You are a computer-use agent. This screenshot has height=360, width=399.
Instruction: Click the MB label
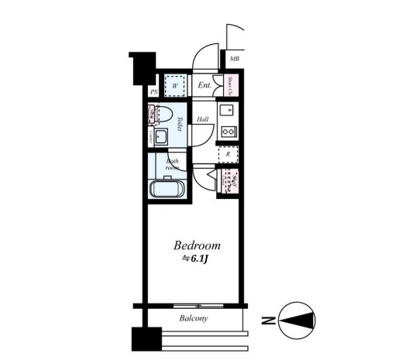click(x=234, y=59)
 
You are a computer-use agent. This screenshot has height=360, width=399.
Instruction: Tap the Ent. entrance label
click(x=205, y=85)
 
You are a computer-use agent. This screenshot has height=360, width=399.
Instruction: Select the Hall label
click(x=202, y=119)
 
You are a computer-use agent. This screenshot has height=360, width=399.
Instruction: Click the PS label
click(x=153, y=92)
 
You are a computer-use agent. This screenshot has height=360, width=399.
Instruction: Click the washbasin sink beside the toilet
click(x=162, y=138)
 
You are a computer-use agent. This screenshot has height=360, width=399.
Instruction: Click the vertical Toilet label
click(x=179, y=125)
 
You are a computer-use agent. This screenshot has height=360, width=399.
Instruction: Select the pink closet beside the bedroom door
click(x=230, y=182)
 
